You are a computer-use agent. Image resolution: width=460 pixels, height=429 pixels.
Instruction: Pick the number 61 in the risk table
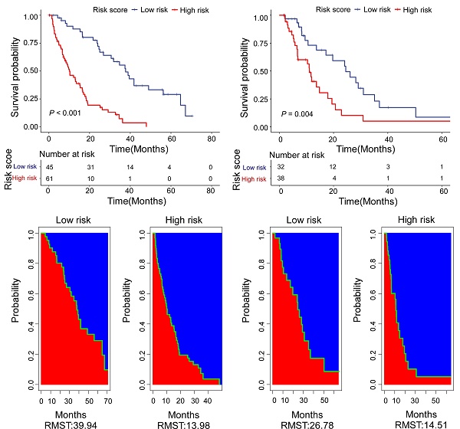click(x=48, y=178)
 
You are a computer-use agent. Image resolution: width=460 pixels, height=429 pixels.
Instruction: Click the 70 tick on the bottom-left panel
click(x=107, y=400)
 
